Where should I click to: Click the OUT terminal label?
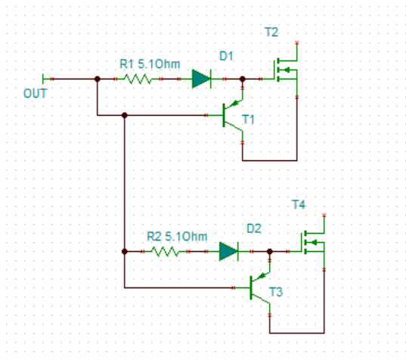click(36, 93)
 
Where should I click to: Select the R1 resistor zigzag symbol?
click(138, 79)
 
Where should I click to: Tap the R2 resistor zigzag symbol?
click(165, 252)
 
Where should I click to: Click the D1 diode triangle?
click(201, 79)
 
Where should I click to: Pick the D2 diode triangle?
click(228, 252)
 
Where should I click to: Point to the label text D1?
click(227, 56)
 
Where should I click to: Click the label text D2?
click(254, 228)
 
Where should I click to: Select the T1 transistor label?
click(248, 119)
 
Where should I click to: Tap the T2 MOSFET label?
click(272, 32)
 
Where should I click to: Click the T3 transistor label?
click(276, 292)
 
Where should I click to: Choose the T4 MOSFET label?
click(299, 204)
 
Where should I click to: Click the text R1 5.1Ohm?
click(150, 64)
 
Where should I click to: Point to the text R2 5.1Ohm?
click(177, 236)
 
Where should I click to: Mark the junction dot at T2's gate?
click(243, 79)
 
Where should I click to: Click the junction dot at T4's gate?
click(270, 252)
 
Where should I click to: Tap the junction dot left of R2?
click(125, 252)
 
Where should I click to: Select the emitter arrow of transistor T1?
click(234, 104)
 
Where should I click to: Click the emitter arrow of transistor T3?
click(262, 276)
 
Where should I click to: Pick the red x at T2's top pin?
click(297, 42)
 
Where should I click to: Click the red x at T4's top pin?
click(324, 215)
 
